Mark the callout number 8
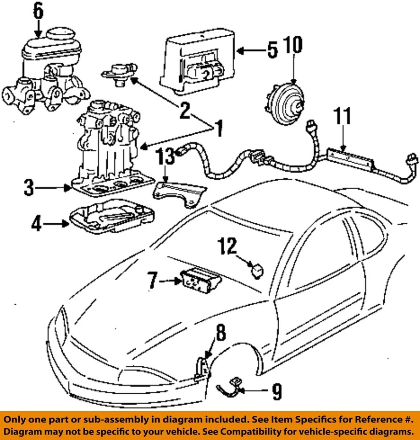tap(221, 333)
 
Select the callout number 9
tap(276, 391)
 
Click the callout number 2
tap(184, 111)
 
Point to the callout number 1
tap(219, 129)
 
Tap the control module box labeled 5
tap(197, 60)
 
